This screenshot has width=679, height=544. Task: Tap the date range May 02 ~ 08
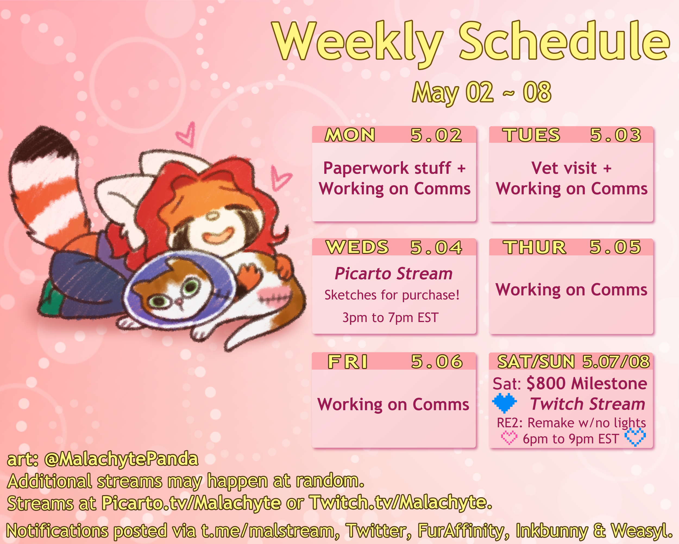tap(482, 92)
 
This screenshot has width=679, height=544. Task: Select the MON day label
tap(350, 135)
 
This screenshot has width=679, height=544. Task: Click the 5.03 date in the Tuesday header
tap(615, 135)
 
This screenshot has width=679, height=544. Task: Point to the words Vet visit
tap(564, 168)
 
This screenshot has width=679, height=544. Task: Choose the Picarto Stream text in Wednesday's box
tap(393, 273)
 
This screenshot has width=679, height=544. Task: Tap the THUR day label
tap(535, 247)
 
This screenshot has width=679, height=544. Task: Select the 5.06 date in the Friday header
tap(437, 361)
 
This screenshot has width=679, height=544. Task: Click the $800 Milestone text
tap(587, 384)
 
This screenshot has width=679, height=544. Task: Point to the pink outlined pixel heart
tap(509, 438)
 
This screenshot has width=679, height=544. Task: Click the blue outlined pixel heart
tap(635, 437)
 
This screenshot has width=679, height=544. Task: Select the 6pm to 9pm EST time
tap(571, 439)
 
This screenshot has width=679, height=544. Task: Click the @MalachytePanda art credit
tap(121, 459)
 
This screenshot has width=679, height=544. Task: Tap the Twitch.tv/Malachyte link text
tap(401, 502)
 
